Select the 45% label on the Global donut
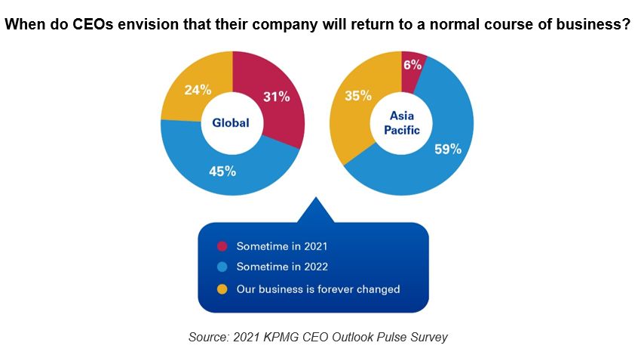coord(222,171)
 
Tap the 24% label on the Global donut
coord(197,90)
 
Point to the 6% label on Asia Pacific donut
coord(412,65)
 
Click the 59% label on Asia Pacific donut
coord(448,149)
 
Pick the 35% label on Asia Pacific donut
coord(358,96)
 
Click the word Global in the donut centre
coord(230,123)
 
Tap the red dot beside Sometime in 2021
coord(222,246)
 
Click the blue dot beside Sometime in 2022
coord(222,267)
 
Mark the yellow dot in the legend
coord(222,288)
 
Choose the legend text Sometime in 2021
coord(281,246)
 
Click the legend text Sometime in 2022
coord(282,267)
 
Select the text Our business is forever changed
coord(317,288)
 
